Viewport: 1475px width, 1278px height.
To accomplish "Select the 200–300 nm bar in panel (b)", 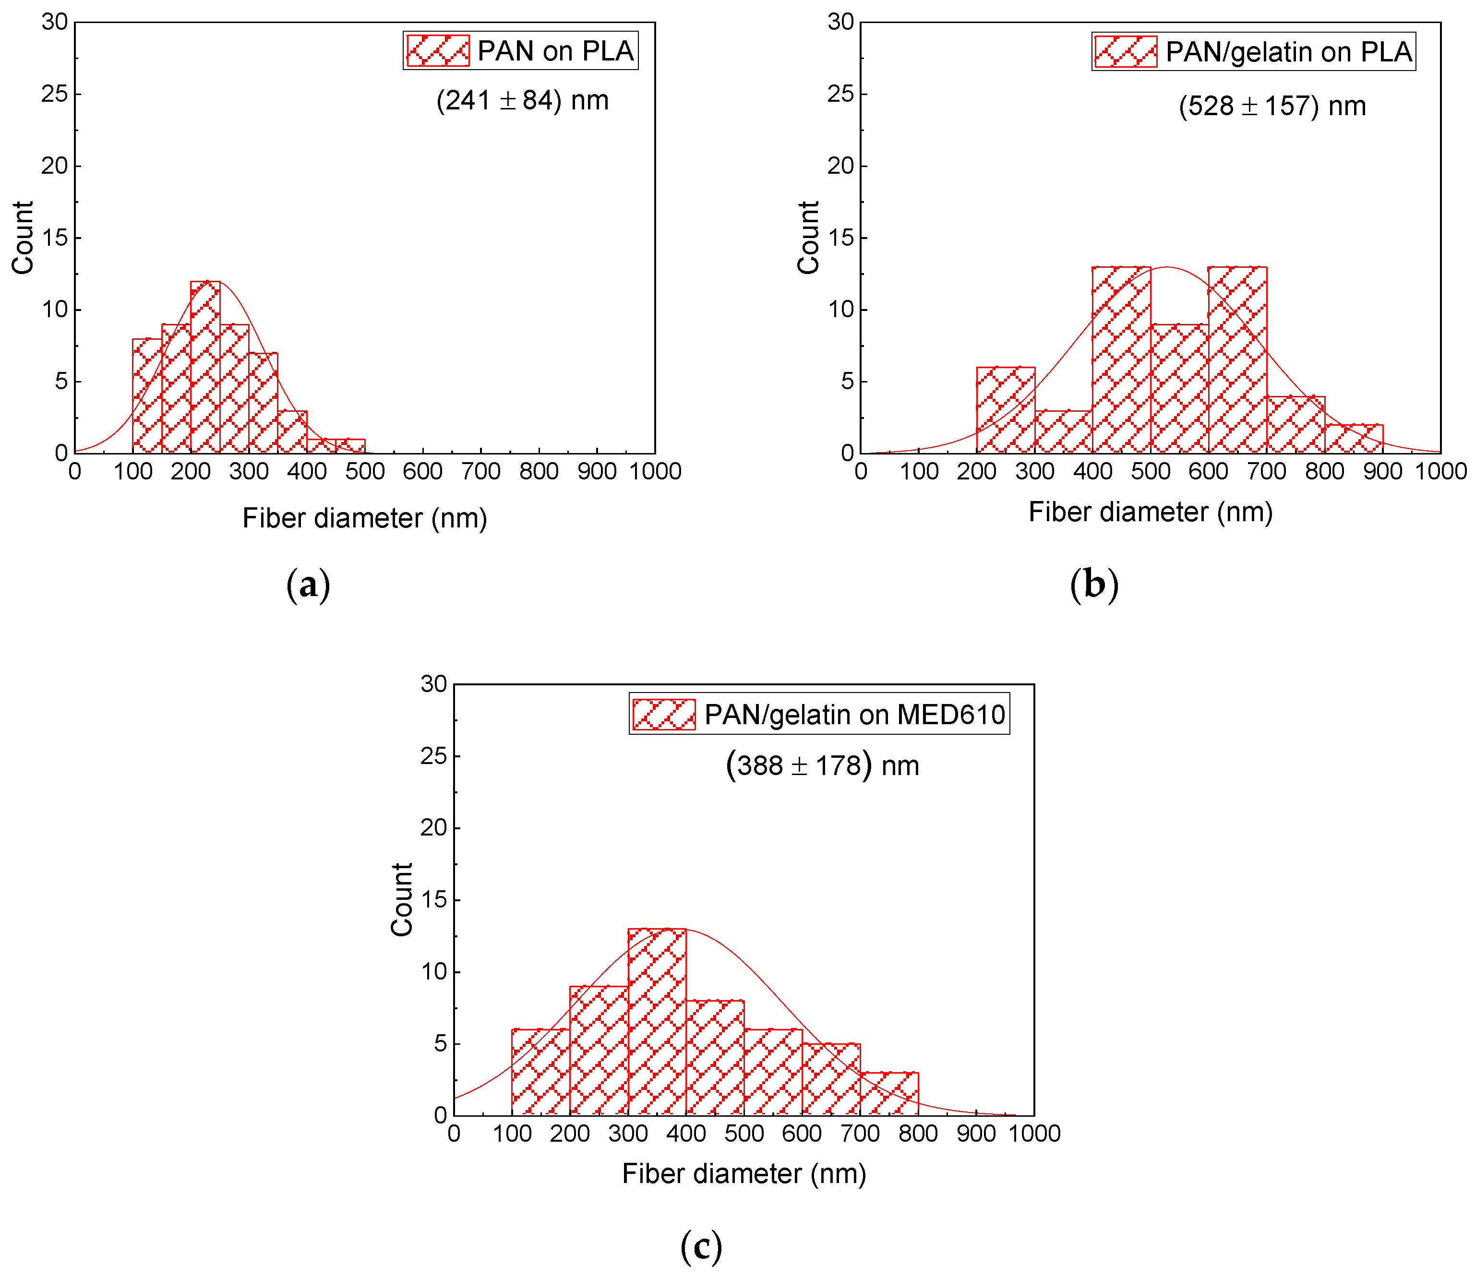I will [x=1005, y=410].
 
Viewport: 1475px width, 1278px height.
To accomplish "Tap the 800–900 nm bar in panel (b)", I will [x=1353, y=439].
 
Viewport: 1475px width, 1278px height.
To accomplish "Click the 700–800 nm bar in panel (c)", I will [x=889, y=1093].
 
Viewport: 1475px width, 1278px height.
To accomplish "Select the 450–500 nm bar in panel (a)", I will [x=350, y=446].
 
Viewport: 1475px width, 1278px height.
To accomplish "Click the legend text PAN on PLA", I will [x=555, y=51].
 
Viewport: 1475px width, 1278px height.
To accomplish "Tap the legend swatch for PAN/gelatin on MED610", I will [x=663, y=714].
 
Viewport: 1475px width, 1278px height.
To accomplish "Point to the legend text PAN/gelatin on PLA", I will [x=1288, y=51].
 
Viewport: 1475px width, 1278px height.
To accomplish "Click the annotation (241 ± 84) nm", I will [x=522, y=101].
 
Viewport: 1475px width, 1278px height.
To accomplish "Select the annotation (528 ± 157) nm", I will [x=1271, y=106].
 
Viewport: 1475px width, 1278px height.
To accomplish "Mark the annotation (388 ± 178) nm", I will [x=822, y=766].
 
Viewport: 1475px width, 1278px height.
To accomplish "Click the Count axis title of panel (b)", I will [x=808, y=238].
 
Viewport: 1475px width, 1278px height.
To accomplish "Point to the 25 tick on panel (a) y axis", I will [x=54, y=94].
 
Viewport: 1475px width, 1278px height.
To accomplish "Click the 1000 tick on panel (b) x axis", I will [x=1440, y=471].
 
